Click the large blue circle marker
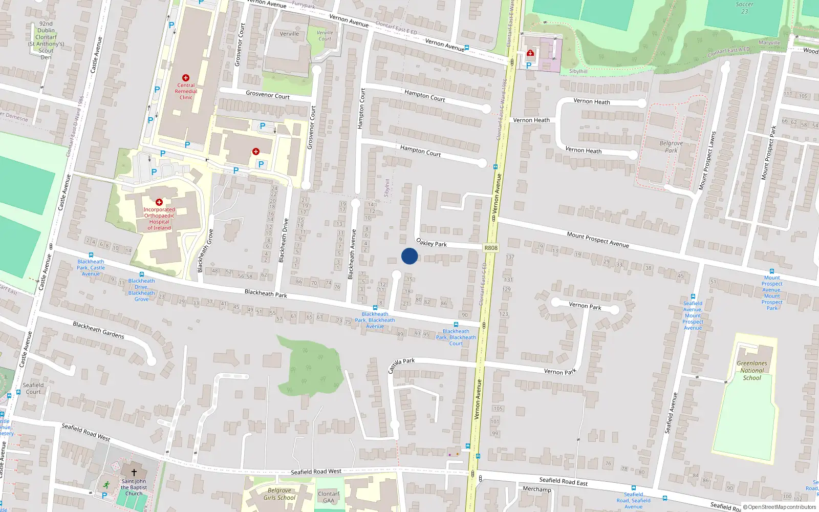(409, 256)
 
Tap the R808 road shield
(490, 248)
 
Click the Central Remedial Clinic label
(186, 92)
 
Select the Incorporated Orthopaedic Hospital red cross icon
(159, 202)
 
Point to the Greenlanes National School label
(752, 371)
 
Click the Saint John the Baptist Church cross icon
(134, 473)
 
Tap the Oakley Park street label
(432, 243)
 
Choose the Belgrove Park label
(671, 147)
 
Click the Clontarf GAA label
(329, 497)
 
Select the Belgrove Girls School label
(279, 494)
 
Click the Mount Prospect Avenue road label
(598, 239)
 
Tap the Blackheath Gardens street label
(98, 330)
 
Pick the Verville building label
(289, 34)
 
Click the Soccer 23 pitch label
(744, 8)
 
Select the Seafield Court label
(33, 389)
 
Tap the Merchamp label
(537, 489)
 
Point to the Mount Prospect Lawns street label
(707, 161)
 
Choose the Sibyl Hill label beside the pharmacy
(578, 72)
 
